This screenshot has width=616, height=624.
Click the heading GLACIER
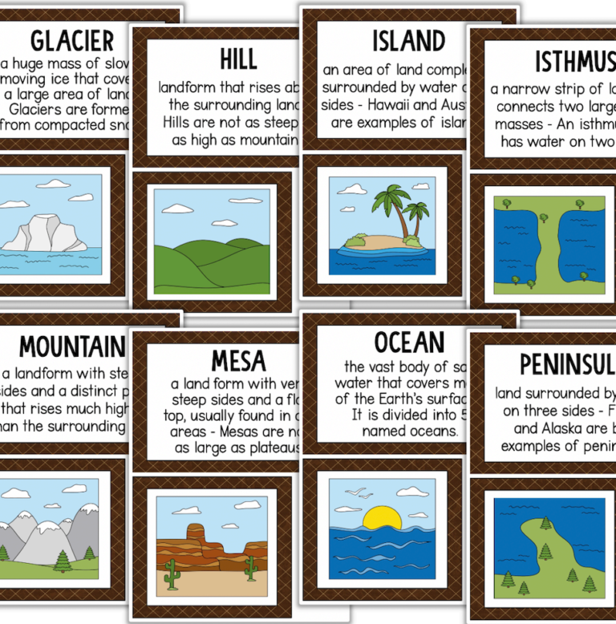(x=71, y=40)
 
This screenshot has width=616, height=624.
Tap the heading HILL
(x=238, y=59)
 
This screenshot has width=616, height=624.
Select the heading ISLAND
(x=408, y=40)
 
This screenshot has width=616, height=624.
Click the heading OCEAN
(x=409, y=342)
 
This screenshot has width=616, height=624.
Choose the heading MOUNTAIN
(x=72, y=346)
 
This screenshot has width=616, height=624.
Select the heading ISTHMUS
(x=574, y=61)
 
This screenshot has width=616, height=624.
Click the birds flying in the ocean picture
(x=355, y=494)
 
